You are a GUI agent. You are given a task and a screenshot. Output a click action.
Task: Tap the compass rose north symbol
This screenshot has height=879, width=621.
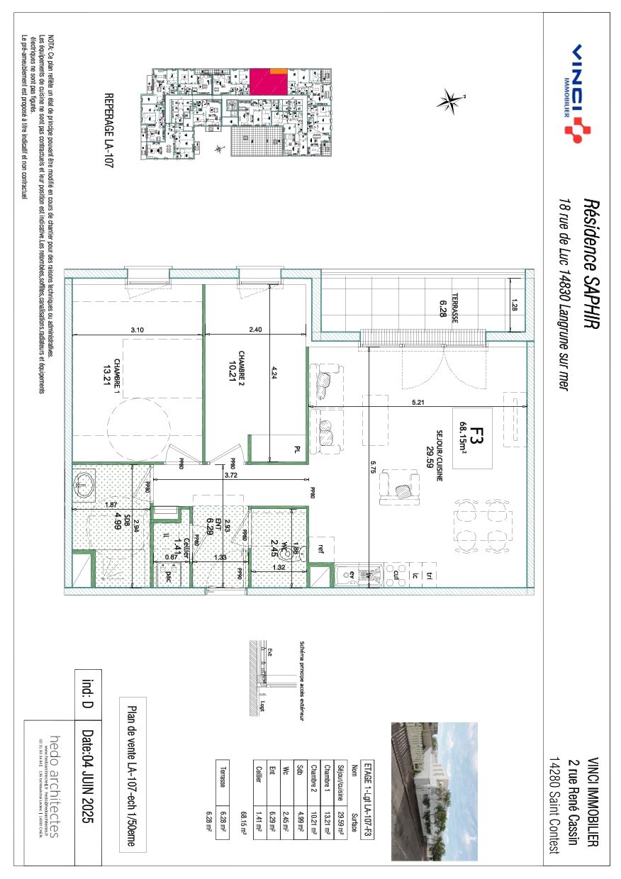pyautogui.click(x=449, y=101)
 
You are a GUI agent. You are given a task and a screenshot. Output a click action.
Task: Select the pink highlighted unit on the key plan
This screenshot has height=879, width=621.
pyautogui.click(x=267, y=82)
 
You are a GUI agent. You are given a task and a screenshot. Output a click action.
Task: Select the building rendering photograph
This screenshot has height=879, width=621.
pyautogui.click(x=435, y=791)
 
